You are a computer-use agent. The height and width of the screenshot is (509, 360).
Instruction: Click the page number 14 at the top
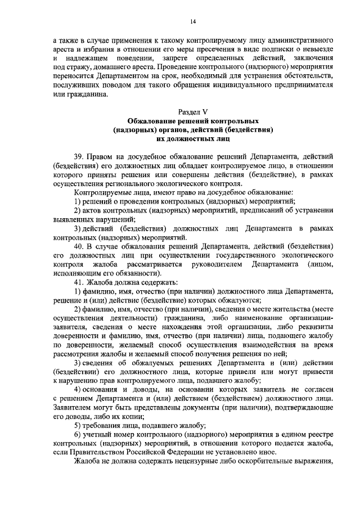[x=192, y=21]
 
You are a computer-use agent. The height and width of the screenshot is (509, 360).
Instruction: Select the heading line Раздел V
[x=192, y=111]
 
